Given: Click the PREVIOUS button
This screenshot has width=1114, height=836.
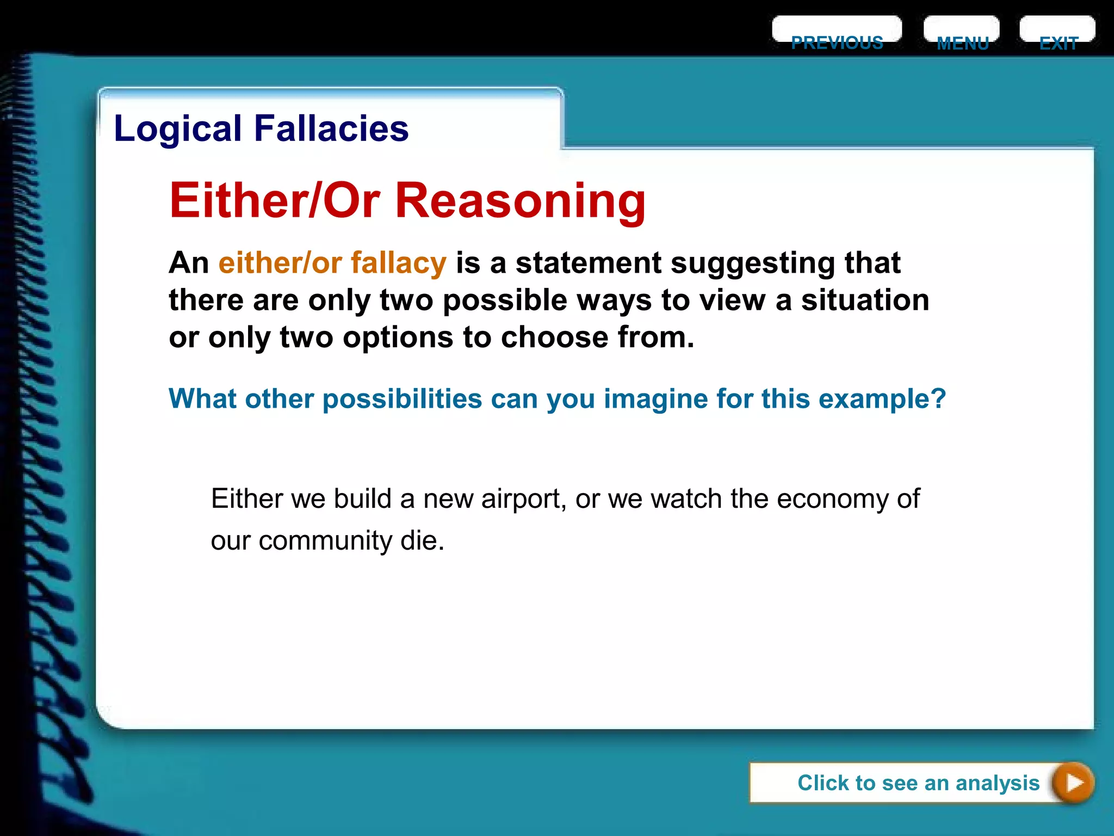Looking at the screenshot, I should [837, 34].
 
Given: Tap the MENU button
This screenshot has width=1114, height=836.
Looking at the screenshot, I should [962, 34].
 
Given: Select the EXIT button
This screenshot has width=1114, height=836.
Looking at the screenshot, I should [1057, 34].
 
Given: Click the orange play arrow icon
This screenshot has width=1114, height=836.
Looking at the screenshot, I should [1073, 783].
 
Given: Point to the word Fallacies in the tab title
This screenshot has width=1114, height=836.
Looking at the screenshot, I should [331, 129].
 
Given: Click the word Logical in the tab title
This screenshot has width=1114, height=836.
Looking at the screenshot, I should [177, 129].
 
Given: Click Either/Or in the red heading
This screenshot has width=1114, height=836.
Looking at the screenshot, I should [275, 200].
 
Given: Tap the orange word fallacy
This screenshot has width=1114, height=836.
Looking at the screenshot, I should [398, 263].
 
